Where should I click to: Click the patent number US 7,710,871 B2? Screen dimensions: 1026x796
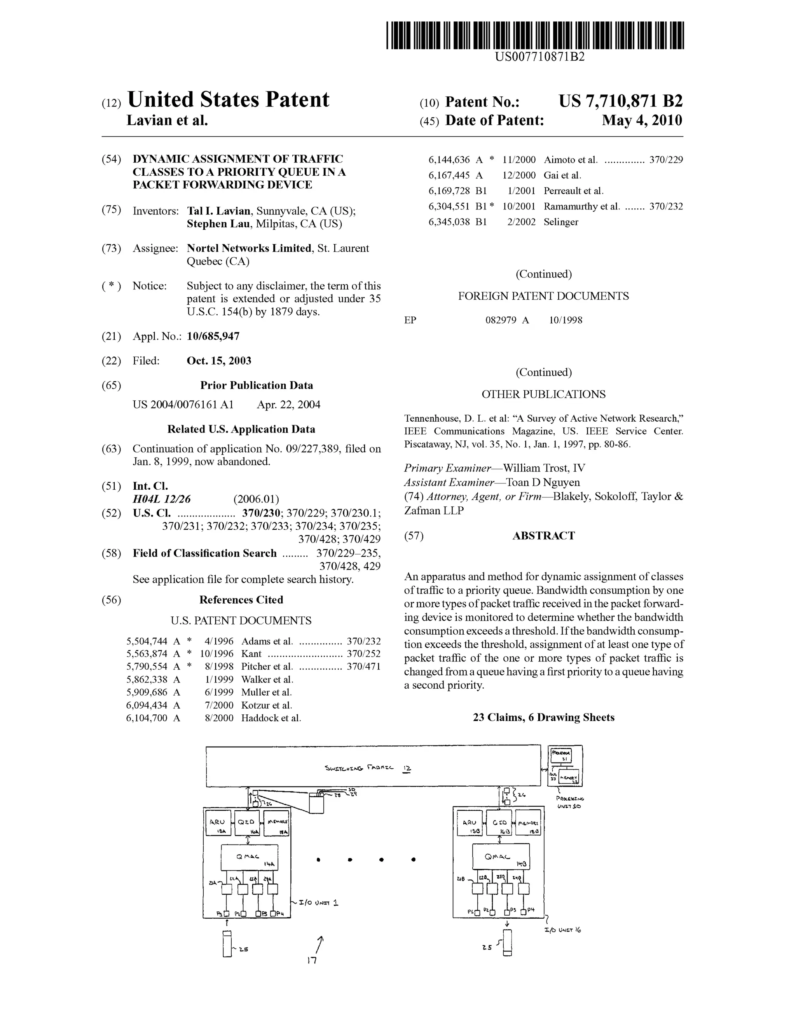[620, 101]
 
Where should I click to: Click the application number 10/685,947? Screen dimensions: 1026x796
[213, 336]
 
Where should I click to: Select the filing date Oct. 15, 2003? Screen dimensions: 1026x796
[219, 361]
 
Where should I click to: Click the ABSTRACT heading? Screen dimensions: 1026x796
[543, 536]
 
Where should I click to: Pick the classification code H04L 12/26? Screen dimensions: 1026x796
[162, 499]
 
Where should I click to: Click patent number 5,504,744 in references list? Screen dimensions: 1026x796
[147, 641]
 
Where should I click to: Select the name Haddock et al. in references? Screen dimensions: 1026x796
[271, 718]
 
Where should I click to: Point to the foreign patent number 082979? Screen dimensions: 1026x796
[501, 320]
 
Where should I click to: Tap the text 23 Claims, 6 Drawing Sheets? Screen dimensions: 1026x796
[543, 717]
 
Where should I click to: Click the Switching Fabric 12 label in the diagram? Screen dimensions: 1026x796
[368, 768]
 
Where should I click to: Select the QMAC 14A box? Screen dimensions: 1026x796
[249, 857]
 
